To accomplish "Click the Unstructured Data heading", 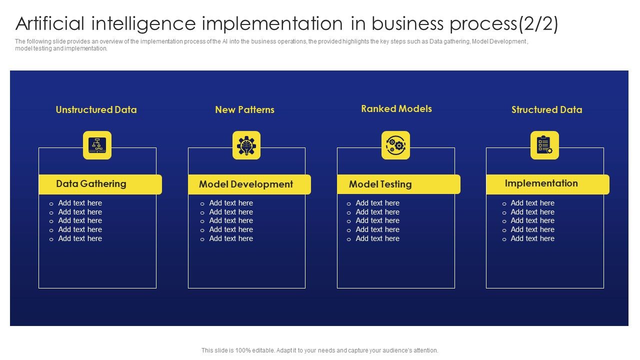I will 96,110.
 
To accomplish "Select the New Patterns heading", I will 244,110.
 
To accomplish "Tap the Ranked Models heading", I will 396,109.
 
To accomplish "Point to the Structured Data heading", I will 546,110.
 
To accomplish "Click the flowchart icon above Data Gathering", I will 97,145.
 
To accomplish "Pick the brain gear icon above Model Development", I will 246,145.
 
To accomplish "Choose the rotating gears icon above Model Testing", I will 395,145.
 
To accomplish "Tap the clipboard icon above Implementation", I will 544,145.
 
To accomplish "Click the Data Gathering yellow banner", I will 100,184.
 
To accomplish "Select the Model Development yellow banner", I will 249,184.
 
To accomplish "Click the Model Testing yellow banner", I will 398,184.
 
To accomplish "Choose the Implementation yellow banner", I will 547,184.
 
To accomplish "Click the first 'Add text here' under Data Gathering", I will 80,203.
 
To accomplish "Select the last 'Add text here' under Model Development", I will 231,239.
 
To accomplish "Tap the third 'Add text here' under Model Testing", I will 377,220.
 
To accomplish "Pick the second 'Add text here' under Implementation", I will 532,212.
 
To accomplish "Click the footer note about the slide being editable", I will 319,350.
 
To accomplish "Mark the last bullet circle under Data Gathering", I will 51,239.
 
